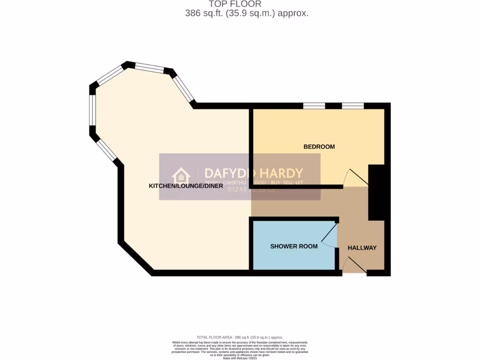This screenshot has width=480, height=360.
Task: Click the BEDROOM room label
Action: point(319,147)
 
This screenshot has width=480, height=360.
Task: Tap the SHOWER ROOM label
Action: point(293,246)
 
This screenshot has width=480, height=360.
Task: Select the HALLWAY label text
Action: point(362,247)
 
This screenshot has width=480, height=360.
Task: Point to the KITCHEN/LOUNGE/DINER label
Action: point(186,186)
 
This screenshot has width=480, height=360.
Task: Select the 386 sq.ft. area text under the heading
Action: point(247,14)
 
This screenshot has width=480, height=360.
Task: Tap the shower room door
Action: point(330,236)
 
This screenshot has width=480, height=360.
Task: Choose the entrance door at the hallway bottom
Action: point(354,265)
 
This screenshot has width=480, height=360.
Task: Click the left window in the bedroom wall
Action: point(314,105)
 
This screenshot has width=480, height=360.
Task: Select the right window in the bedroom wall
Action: point(353,105)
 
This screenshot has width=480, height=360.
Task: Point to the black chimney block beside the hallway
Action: point(376,192)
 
